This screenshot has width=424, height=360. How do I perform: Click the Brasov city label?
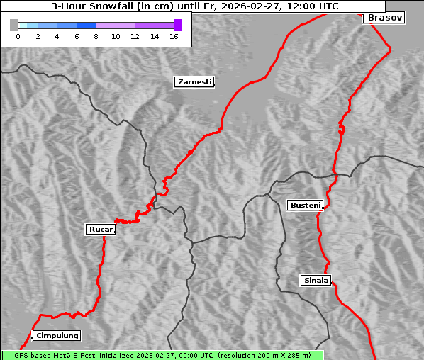coord(385,18)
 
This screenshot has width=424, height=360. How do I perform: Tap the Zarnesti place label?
coord(194,82)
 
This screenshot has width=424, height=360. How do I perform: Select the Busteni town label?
coord(304,206)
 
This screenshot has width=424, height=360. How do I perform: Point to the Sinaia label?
coord(316,280)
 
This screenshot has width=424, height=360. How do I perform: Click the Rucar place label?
coord(99,229)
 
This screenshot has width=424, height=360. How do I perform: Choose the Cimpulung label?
coord(57,335)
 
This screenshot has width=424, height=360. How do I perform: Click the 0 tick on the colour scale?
coord(18,36)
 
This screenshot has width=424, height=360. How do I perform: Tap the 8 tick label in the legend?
coord(96,36)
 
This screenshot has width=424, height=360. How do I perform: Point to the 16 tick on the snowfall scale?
coord(174,36)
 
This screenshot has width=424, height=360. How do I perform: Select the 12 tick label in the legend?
coord(135,36)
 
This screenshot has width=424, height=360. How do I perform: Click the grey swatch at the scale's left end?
coord(13,25)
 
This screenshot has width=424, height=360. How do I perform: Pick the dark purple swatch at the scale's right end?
coord(177,25)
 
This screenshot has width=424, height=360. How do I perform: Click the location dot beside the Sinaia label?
coord(332,283)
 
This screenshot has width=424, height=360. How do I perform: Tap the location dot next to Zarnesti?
coord(213,85)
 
